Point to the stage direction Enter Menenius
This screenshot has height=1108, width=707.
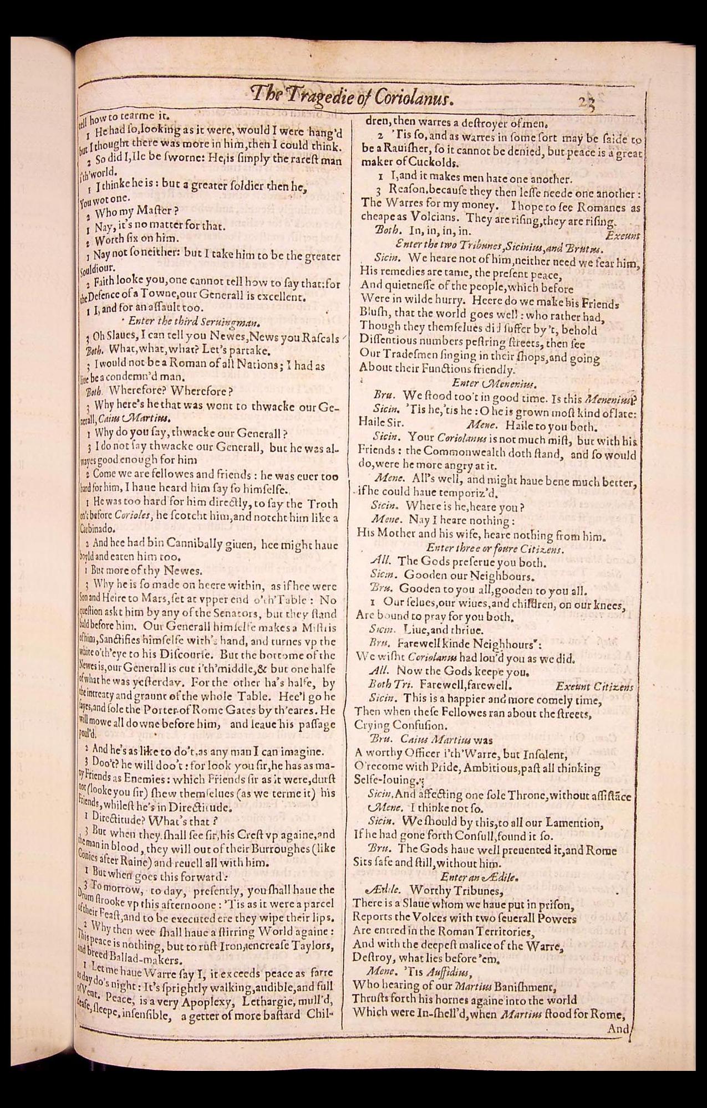(x=486, y=383)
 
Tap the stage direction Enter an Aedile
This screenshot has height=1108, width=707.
(x=480, y=876)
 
